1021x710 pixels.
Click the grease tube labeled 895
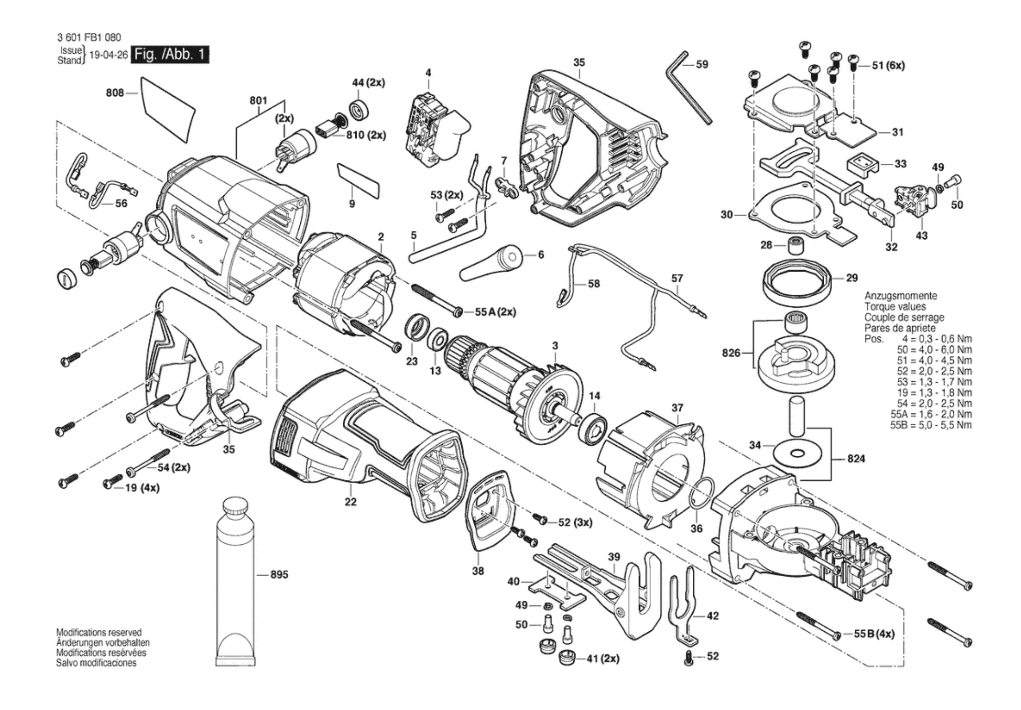pos(236,580)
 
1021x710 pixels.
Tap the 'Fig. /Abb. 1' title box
pos(171,54)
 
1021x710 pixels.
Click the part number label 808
pos(115,93)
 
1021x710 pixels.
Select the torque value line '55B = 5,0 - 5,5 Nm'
pos(931,425)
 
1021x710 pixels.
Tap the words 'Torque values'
pos(895,306)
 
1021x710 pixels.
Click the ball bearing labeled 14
pos(593,426)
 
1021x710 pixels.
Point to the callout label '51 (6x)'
pos(888,65)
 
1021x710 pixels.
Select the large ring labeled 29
pos(797,285)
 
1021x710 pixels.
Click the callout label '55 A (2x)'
pos(495,312)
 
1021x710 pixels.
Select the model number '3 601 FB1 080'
pos(89,37)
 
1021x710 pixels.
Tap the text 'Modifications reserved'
pos(99,632)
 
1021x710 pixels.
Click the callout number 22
pos(350,502)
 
